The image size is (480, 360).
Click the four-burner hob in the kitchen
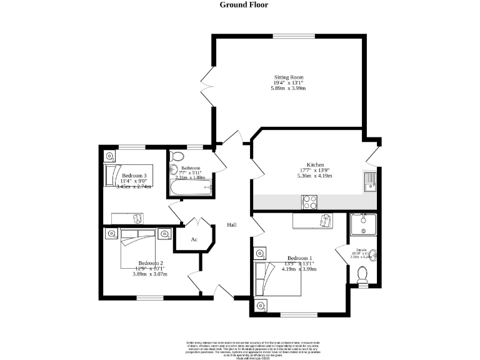(x=309, y=201)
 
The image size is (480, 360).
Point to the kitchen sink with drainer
(x=369, y=181)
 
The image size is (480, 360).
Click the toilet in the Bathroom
(x=177, y=156)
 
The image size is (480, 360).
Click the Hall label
(x=231, y=225)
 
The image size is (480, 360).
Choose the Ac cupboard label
(x=194, y=239)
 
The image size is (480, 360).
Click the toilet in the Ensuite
(x=361, y=274)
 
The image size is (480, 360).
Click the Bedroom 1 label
(x=299, y=258)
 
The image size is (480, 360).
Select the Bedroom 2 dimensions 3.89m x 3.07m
(x=150, y=274)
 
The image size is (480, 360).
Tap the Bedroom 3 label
(x=134, y=176)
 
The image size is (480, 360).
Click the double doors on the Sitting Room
(x=207, y=91)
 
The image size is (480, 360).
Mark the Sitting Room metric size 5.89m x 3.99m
(x=288, y=89)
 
